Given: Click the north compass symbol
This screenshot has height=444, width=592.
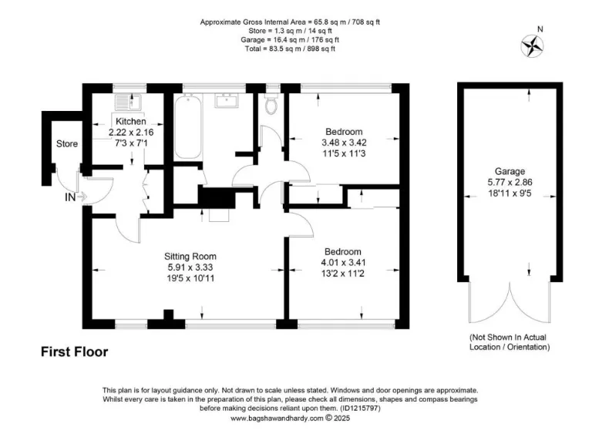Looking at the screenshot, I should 531,47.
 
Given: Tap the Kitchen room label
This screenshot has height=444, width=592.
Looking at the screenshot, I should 130,122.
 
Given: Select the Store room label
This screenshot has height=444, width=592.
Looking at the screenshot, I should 67,144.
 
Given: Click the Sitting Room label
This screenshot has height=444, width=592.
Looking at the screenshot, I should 190,256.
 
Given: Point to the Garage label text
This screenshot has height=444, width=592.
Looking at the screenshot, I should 510,171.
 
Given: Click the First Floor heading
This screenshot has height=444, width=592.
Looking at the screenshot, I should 74,352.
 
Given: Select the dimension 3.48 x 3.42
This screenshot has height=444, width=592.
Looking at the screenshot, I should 343,143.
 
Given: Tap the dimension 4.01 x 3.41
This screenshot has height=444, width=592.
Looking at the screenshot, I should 343,262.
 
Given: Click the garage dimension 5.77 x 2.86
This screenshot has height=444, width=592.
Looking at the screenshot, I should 510,183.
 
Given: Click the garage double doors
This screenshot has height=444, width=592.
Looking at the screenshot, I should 510,304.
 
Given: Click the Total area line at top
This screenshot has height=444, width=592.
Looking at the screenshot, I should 290,49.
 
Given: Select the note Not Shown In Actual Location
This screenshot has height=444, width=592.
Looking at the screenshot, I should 510,343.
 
